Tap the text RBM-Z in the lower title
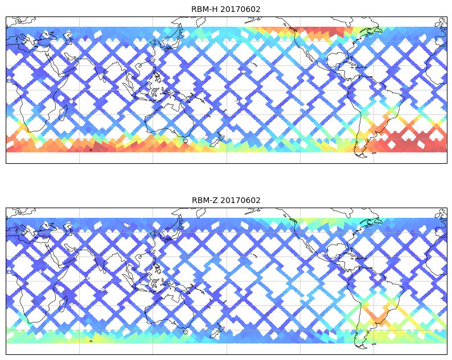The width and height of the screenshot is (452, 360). pyautogui.click(x=204, y=200)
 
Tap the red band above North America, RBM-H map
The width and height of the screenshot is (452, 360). pyautogui.click(x=316, y=32)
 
